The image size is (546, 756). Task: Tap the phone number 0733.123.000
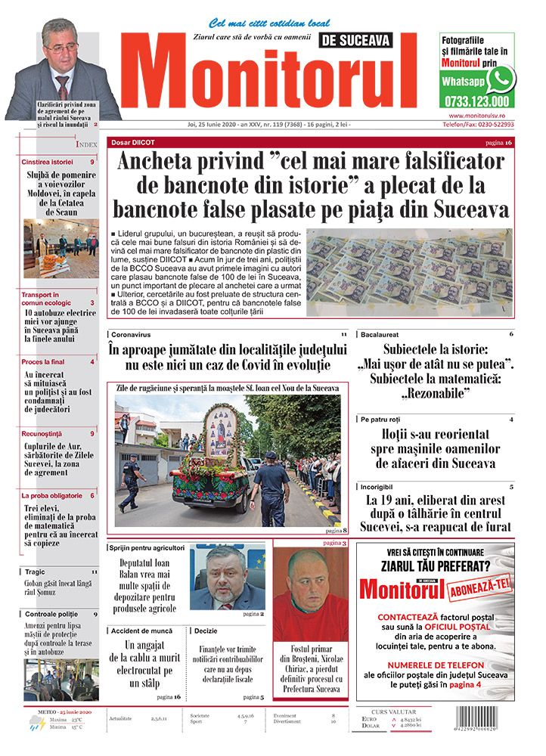click(478, 101)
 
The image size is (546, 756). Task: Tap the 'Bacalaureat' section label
click(380, 333)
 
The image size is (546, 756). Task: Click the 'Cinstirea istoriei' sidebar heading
click(48, 162)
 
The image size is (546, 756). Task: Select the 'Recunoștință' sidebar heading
click(46, 434)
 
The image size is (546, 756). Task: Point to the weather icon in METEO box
click(35, 725)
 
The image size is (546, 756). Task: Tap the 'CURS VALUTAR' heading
click(407, 711)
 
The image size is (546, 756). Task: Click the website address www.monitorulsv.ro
click(476, 116)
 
